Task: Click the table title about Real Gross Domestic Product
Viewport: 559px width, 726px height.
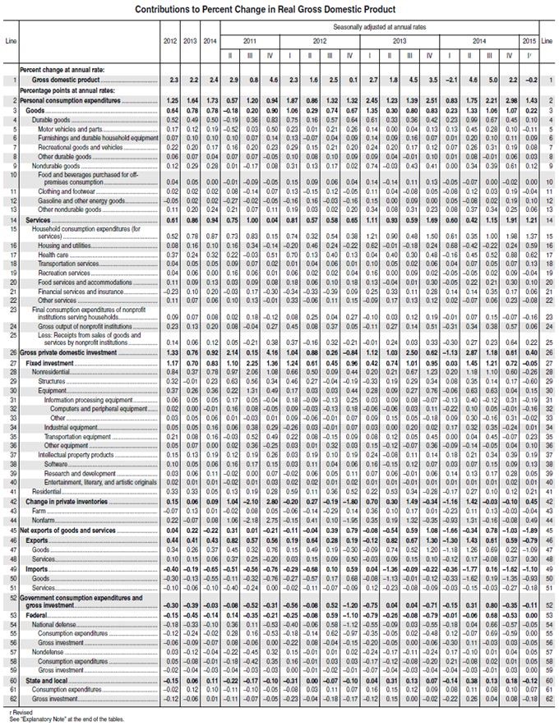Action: click(x=279, y=7)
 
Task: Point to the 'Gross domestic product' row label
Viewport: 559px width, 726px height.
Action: click(x=69, y=80)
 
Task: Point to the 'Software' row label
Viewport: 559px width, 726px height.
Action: click(x=57, y=463)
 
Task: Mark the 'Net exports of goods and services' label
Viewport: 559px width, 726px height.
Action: click(x=72, y=531)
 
